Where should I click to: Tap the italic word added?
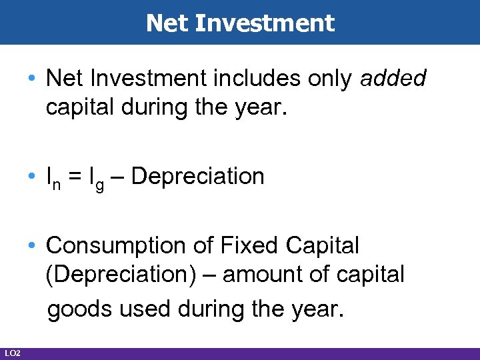[x=393, y=78]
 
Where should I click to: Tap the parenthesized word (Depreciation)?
[x=121, y=274]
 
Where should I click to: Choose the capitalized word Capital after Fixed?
[x=322, y=245]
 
